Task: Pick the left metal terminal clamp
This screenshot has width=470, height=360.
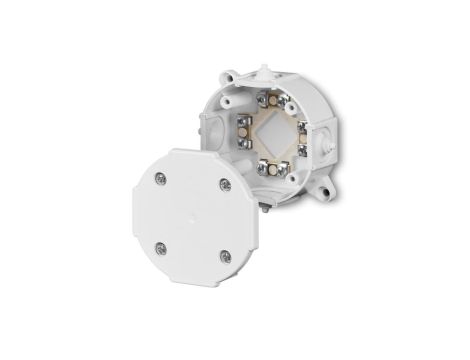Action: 244,127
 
